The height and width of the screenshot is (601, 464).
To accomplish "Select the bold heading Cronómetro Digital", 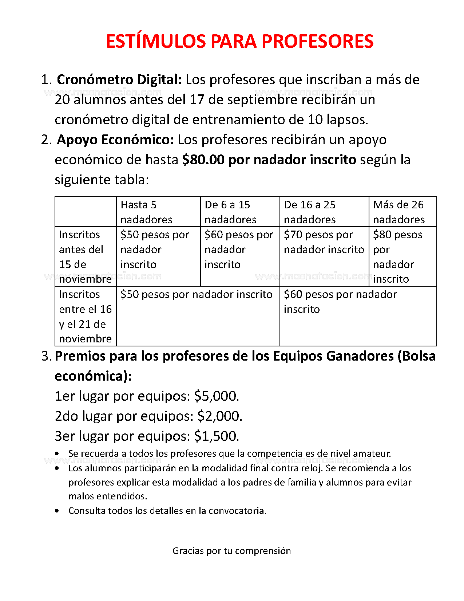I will click(119, 80).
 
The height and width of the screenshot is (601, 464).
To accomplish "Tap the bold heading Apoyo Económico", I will click(115, 140).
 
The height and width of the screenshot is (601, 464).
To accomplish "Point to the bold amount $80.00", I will click(203, 160).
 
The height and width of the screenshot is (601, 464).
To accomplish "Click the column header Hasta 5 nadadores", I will click(146, 212).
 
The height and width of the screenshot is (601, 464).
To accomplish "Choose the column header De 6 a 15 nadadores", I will click(230, 212).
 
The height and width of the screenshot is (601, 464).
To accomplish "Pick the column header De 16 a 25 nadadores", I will click(310, 212).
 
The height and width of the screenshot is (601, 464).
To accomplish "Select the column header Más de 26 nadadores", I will click(399, 212).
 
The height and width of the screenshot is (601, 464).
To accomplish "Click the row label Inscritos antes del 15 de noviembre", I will click(85, 256).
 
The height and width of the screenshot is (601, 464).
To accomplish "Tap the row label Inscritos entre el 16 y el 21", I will click(85, 316).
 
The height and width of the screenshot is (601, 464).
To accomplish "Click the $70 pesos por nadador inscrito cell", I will click(324, 242).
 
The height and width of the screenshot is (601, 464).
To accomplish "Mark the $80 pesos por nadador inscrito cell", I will click(398, 256).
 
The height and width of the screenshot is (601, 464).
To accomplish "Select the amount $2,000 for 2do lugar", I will click(219, 416).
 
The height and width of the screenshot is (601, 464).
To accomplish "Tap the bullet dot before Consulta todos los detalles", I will click(57, 511).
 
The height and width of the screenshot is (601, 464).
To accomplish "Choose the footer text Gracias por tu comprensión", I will click(231, 551).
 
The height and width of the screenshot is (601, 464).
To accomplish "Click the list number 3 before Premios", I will click(45, 356).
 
